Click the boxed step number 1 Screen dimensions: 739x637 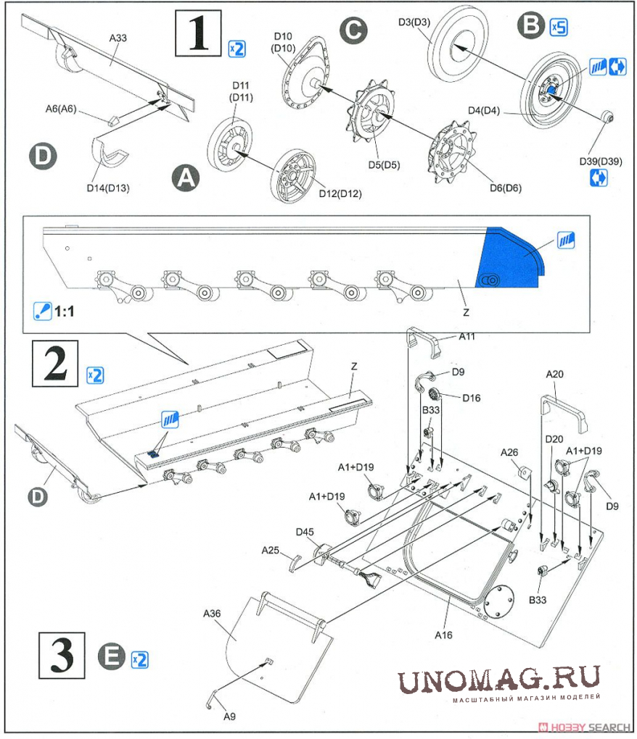[199, 33]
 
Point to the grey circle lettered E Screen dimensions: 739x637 [111, 658]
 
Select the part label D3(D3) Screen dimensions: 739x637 [414, 22]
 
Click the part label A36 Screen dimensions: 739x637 [211, 613]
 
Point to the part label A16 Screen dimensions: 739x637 [443, 635]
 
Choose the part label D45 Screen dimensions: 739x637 [305, 533]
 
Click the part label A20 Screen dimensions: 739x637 [554, 374]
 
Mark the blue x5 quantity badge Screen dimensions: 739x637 [558, 28]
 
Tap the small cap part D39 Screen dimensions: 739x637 [609, 117]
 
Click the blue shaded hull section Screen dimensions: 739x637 [511, 259]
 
